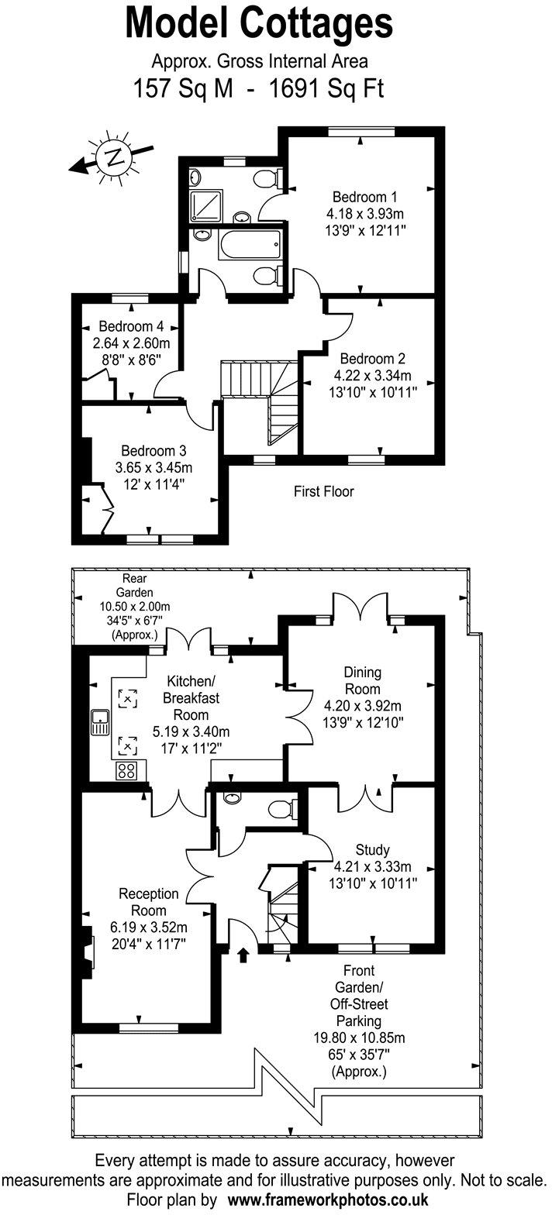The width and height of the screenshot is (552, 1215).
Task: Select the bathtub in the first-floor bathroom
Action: [250, 245]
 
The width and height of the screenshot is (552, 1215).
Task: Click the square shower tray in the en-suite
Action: [205, 205]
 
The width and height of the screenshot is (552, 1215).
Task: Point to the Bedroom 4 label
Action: [131, 326]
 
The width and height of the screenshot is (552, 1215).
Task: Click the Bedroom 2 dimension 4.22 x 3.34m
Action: [372, 375]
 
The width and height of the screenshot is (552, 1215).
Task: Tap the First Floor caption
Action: [323, 491]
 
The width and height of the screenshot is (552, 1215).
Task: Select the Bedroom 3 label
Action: [154, 451]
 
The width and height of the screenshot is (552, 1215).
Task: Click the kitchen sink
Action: [101, 723]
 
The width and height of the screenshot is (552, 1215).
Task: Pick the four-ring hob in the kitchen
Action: [126, 771]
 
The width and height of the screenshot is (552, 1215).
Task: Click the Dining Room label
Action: [363, 680]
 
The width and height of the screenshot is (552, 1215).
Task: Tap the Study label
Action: [372, 849]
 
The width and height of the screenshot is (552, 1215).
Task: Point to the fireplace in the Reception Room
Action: [86, 952]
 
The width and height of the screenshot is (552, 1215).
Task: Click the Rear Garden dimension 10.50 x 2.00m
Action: [134, 607]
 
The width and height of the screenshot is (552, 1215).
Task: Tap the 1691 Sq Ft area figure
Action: [326, 88]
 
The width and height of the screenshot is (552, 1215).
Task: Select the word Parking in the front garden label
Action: [359, 1021]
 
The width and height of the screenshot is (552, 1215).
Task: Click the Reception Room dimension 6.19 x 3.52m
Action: [150, 928]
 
